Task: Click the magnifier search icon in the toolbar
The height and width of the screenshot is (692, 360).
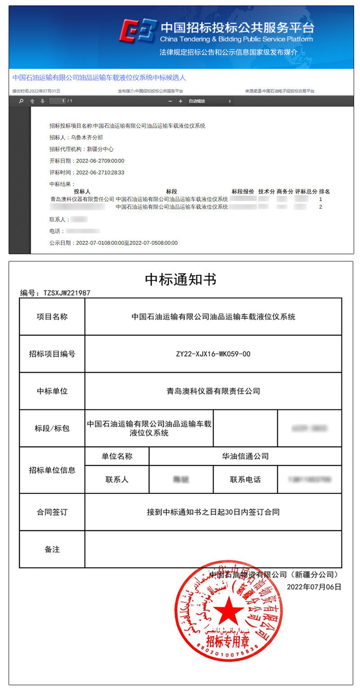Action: (x=21, y=101)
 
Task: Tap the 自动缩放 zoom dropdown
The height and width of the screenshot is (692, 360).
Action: (x=209, y=101)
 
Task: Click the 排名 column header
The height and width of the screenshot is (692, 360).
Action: (x=324, y=191)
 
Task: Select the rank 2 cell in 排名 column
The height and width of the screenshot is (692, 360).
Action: (x=320, y=207)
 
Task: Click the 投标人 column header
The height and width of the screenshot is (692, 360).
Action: (x=82, y=191)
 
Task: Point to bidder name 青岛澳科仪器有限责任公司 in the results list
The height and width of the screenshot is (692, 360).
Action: (x=82, y=199)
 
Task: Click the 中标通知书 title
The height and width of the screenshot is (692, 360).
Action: (x=180, y=279)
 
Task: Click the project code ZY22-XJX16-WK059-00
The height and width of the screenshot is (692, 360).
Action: (x=213, y=354)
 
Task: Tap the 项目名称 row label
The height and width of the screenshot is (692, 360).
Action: (x=52, y=317)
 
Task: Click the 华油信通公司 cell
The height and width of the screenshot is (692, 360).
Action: (x=245, y=456)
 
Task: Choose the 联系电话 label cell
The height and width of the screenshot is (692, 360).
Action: (x=245, y=480)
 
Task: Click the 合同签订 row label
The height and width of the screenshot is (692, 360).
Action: (x=52, y=512)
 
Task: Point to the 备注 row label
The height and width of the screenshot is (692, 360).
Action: (x=52, y=549)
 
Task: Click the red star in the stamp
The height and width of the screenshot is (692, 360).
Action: (x=228, y=611)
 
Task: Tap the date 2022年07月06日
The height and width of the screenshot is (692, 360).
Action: (x=314, y=587)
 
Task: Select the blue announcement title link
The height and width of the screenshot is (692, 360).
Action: (x=99, y=77)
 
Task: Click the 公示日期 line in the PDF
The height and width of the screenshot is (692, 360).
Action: (x=113, y=243)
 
